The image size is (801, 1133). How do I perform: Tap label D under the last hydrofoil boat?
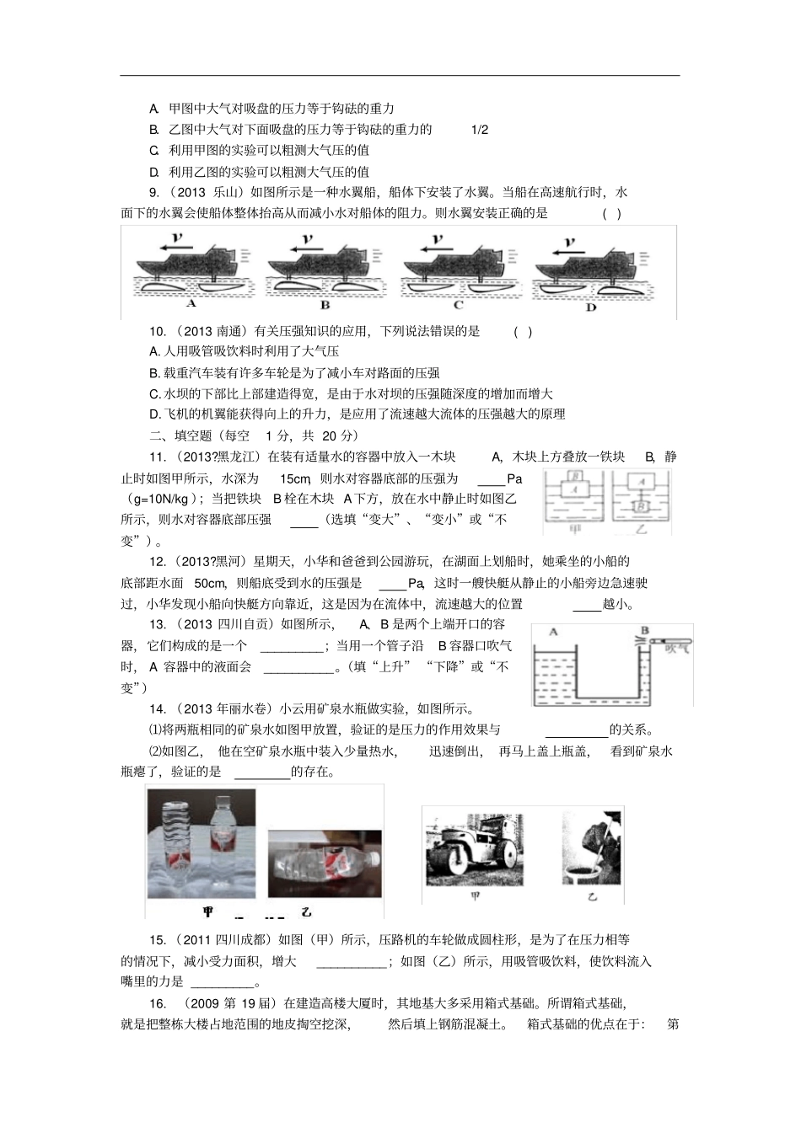tap(590, 307)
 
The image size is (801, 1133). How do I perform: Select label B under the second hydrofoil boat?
tap(325, 305)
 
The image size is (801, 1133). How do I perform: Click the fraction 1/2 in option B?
tap(479, 130)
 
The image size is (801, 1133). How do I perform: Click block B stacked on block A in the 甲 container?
tap(577, 478)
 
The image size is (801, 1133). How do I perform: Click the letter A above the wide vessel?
tap(553, 631)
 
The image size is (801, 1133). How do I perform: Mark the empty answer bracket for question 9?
tap(612, 213)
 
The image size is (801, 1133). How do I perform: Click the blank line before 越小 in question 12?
tap(587, 604)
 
